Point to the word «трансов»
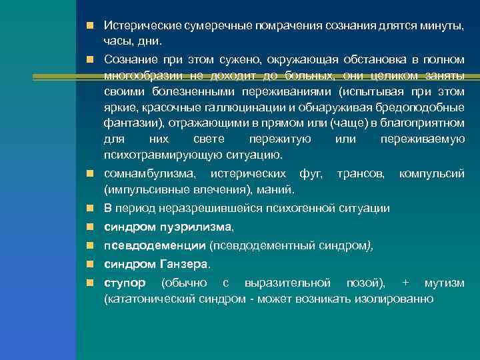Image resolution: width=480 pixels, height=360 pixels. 361,174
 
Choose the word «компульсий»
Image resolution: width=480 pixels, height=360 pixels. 431,174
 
